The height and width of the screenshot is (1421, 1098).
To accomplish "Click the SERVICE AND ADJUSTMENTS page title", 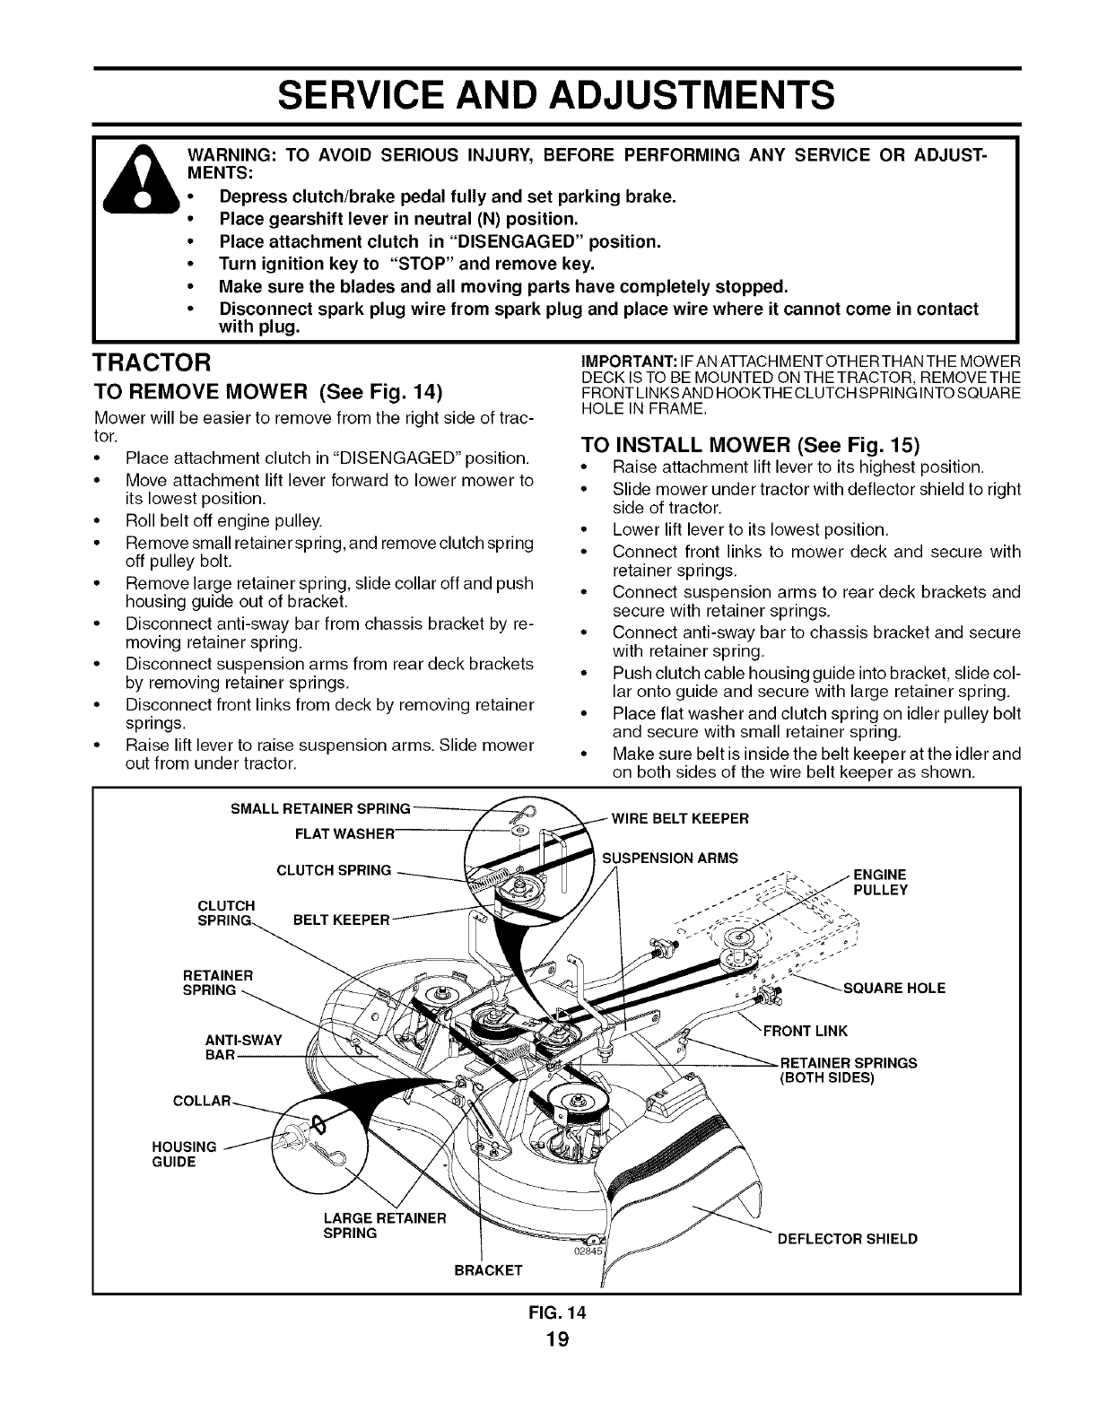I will [x=548, y=93].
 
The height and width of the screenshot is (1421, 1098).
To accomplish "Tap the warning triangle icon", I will [x=144, y=193].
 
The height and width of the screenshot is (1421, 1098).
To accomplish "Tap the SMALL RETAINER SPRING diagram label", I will [x=320, y=808].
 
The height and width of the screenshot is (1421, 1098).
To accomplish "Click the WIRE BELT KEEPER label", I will [x=678, y=818].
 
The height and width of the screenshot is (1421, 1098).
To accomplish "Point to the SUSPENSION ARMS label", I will [x=668, y=858].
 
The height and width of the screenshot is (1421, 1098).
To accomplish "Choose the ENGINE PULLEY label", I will [x=880, y=882].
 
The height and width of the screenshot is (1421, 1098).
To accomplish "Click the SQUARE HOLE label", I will [x=894, y=989].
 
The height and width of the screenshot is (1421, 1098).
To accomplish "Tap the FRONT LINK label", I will [x=804, y=1030].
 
